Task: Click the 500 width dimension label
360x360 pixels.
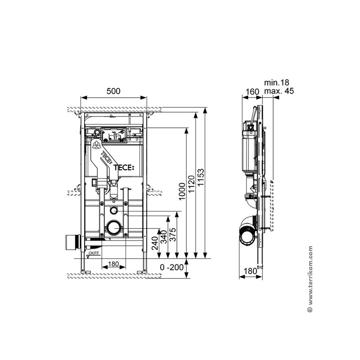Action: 113,91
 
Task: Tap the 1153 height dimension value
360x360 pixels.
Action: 201,177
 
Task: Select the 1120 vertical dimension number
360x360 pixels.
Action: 191,184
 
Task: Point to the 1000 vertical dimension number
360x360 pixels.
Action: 182,191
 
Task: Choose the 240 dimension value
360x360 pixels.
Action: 155,243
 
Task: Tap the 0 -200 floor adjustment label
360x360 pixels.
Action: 172,267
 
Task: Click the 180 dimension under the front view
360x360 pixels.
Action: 113,264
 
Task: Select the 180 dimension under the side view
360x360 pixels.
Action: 250,271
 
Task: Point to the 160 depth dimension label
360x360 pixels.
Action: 252,92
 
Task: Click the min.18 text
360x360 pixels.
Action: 276,82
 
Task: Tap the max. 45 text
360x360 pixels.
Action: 279,91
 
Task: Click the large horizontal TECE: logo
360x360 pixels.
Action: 123,167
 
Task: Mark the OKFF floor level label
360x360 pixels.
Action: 94,253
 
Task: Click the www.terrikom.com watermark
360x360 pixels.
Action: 310,279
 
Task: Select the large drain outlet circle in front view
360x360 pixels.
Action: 114,228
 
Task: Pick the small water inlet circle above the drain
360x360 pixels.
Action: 113,210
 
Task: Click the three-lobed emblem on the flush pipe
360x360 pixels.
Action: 96,145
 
